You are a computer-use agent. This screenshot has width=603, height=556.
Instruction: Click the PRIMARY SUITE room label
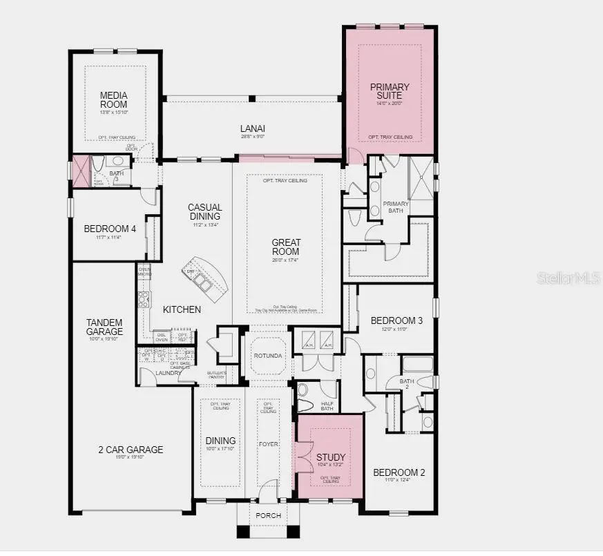(390, 92)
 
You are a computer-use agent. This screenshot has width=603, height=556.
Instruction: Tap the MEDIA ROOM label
(113, 99)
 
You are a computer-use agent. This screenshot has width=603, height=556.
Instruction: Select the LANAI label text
(253, 128)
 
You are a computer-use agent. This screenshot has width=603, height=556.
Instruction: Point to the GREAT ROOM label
(285, 247)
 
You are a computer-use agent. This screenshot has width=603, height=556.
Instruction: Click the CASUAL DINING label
(205, 212)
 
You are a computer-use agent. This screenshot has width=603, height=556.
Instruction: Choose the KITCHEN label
(182, 309)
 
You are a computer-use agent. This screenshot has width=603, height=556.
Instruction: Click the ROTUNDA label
(268, 356)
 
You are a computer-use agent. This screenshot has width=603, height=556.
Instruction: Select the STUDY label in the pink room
(331, 457)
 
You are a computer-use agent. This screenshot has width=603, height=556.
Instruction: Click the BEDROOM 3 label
(396, 320)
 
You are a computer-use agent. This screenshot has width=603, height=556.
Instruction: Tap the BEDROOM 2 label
(399, 472)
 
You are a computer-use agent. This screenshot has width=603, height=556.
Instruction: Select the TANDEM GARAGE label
(104, 327)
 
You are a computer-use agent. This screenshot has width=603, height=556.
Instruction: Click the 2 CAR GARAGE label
(130, 450)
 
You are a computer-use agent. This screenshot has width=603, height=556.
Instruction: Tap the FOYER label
(267, 443)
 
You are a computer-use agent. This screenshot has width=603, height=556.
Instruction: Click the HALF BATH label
(327, 405)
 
